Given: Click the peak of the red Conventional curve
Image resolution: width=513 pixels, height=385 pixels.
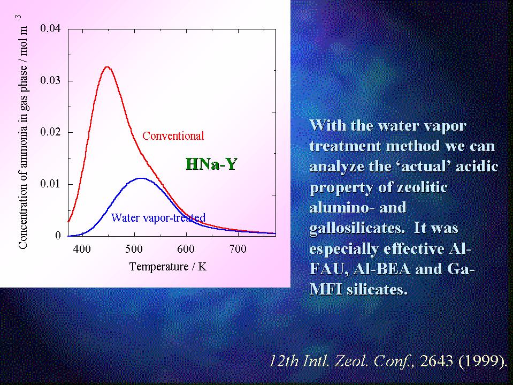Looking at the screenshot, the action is point(108,67).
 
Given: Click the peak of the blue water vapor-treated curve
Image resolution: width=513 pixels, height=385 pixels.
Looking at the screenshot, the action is point(141,178).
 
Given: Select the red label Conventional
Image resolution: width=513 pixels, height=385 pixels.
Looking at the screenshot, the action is point(173,136).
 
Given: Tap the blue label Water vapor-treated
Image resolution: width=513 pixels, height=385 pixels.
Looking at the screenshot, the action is point(158,217).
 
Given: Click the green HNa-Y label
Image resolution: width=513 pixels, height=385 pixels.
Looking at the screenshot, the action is point(211,164).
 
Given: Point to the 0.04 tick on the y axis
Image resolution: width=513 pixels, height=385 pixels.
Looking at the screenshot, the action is point(50,28).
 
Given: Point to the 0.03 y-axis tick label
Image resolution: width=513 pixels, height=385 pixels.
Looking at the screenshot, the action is point(50,80).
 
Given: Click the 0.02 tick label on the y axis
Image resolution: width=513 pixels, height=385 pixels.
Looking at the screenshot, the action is point(50,132).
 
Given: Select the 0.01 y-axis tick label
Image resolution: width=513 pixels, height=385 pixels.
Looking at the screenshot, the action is point(50,184).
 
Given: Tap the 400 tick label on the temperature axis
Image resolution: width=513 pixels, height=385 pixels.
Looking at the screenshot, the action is point(82,249).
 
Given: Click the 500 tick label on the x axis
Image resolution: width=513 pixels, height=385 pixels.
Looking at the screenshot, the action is point(134,249).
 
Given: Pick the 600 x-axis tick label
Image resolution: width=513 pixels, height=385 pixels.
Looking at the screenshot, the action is point(186,249).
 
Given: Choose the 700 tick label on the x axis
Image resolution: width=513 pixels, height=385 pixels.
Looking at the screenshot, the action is point(238,249).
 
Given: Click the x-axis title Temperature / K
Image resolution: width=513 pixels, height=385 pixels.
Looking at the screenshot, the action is point(168,267).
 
